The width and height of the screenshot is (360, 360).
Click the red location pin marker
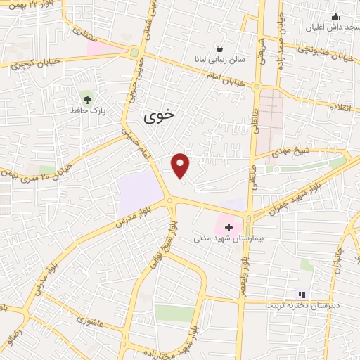(x=181, y=165)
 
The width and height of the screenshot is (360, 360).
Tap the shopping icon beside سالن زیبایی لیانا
(x=220, y=49)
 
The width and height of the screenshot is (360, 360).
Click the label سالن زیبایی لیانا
(x=220, y=61)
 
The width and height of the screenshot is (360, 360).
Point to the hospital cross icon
(x=228, y=226)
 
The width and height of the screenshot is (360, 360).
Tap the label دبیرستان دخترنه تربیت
(x=302, y=306)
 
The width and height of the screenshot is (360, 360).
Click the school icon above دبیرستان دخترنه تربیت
(x=302, y=295)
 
